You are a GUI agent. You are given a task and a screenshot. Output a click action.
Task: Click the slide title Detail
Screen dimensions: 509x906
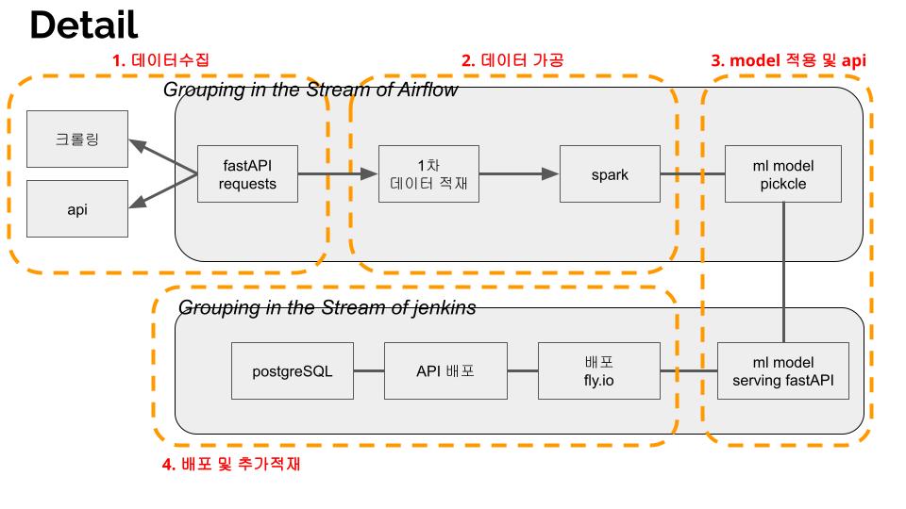click(84, 25)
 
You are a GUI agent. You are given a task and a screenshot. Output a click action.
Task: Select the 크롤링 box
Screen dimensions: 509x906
click(77, 140)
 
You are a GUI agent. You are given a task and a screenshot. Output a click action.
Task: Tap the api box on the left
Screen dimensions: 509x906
click(77, 209)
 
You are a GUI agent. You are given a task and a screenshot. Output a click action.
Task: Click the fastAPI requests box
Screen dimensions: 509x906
click(247, 174)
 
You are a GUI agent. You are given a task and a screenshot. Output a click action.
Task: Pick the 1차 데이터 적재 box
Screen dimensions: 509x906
click(428, 174)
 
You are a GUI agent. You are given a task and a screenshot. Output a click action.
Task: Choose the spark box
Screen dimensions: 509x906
click(610, 174)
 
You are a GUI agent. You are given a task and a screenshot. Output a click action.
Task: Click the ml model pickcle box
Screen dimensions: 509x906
click(783, 174)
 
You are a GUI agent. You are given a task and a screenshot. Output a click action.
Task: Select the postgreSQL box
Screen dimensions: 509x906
click(293, 370)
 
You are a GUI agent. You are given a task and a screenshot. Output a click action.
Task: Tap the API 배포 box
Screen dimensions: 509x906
click(445, 370)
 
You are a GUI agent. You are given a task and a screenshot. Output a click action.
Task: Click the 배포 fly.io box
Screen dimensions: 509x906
click(598, 370)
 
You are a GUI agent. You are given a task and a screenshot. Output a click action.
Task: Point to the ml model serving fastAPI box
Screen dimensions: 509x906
click(783, 370)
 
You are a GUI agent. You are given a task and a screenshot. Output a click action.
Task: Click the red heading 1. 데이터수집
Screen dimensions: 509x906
click(160, 60)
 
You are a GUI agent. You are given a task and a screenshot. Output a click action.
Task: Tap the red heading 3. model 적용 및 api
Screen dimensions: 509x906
click(788, 60)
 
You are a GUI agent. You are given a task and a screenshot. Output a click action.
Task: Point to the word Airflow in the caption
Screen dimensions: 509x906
click(425, 90)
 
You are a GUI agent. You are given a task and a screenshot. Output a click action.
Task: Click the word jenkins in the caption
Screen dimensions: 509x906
click(442, 307)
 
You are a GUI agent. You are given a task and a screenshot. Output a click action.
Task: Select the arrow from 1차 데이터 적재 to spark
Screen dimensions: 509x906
click(519, 174)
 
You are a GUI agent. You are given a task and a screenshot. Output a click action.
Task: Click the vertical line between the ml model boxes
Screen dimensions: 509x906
click(783, 273)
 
